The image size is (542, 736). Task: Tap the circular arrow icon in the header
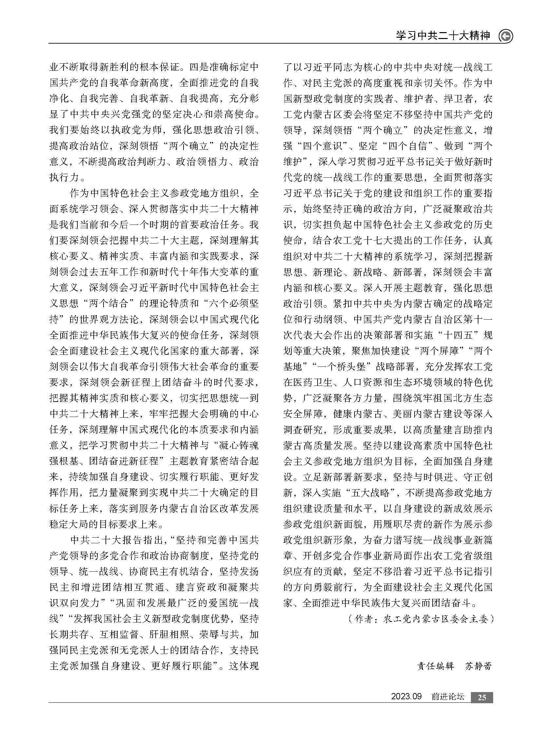point(506,36)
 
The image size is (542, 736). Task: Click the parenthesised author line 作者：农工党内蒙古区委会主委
point(421,619)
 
